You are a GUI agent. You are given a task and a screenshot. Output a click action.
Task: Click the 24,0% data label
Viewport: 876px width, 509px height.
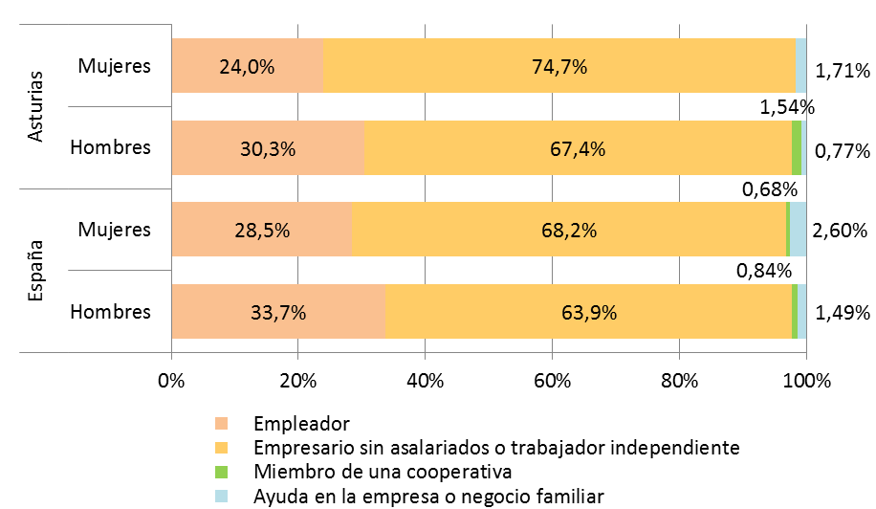(x=247, y=67)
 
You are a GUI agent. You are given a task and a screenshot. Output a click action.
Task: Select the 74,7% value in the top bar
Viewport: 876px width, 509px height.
(x=559, y=67)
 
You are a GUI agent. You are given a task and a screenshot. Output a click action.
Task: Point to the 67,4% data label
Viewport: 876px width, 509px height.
(x=579, y=148)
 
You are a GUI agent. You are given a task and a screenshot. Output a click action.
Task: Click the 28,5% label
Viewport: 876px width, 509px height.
(x=261, y=231)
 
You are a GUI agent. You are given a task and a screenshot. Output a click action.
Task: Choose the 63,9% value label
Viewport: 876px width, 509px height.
(x=588, y=312)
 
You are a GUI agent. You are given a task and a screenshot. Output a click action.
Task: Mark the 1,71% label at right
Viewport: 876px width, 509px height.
(x=842, y=70)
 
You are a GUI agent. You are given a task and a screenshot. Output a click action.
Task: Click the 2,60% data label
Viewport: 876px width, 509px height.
(x=841, y=231)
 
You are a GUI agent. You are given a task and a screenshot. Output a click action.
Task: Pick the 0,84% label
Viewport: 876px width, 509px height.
(x=763, y=272)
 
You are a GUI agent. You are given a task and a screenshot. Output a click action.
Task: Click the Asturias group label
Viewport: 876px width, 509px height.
(x=36, y=107)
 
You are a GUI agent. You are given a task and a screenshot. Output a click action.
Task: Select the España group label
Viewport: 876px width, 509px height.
(x=36, y=271)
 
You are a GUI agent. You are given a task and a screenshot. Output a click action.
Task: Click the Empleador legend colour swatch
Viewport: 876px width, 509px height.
(x=222, y=423)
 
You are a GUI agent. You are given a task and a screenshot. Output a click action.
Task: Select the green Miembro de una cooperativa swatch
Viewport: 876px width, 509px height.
(x=222, y=472)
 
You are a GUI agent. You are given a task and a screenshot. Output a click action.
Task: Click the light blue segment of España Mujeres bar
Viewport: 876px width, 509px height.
(x=798, y=231)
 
